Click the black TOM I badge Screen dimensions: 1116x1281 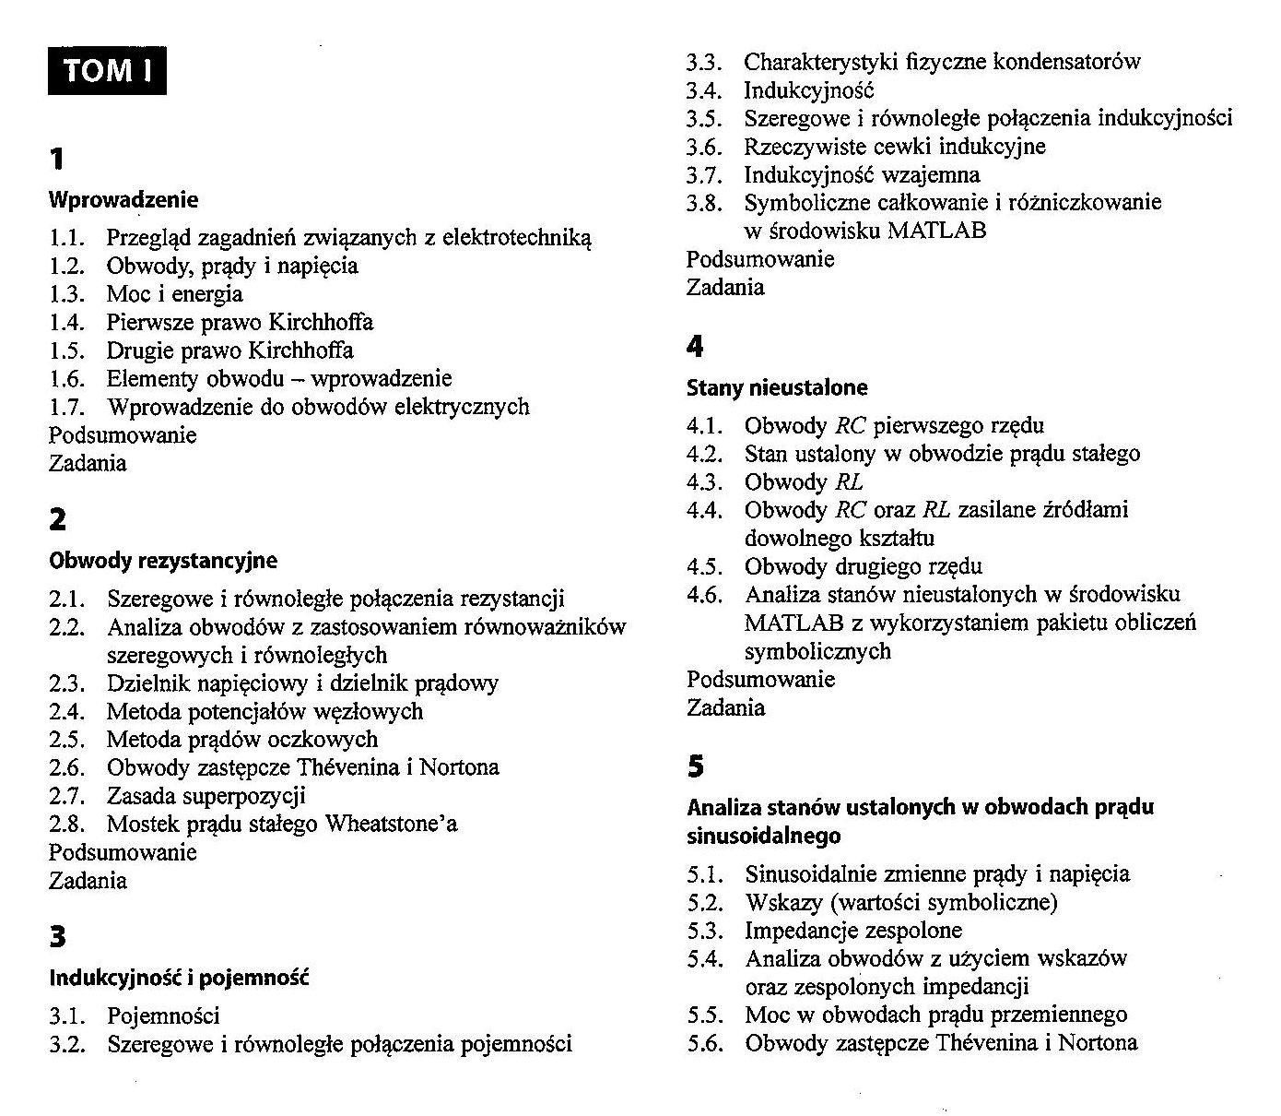point(107,71)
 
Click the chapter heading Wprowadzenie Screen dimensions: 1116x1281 point(123,199)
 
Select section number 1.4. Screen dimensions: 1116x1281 point(67,323)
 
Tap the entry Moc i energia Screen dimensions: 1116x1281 point(174,294)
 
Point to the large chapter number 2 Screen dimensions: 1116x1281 point(57,520)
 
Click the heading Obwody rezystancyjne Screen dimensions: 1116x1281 point(162,560)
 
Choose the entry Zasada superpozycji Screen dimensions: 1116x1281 point(206,795)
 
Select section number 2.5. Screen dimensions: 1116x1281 point(67,740)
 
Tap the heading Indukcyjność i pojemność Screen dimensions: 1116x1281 point(179,977)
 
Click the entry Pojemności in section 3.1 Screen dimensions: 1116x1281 point(163,1016)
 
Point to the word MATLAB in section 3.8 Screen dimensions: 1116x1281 point(936,231)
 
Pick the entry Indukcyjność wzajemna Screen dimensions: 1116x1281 point(862,174)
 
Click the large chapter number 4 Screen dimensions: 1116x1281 point(695,348)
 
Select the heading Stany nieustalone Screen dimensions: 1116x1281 point(777,387)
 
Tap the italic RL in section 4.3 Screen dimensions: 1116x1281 point(849,482)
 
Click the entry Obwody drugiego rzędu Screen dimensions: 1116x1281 point(863,566)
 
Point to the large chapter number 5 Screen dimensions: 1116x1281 point(695,766)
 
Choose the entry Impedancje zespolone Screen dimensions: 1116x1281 point(852,931)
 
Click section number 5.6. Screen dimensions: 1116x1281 point(705,1043)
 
